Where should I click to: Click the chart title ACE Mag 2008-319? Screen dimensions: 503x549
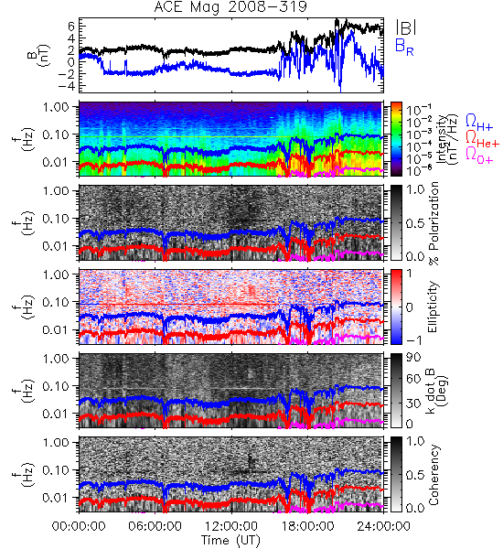230,6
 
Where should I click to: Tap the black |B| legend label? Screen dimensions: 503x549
406,27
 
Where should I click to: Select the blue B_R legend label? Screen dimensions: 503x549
404,47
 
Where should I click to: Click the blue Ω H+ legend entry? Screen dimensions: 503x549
479,122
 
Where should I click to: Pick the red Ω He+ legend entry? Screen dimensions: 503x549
482,138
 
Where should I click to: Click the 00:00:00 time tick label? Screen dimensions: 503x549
79,526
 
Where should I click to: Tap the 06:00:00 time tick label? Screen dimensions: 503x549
155,526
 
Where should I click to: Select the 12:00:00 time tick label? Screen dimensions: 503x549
231,526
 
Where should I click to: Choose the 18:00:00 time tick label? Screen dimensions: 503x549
307,526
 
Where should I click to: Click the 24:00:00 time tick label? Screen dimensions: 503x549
383,526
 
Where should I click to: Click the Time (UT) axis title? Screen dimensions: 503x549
230,540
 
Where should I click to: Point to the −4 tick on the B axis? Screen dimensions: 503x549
67,85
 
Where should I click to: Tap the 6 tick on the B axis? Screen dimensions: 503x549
72,26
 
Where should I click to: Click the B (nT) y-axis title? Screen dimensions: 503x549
40,55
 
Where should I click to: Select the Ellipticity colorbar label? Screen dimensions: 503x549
433,307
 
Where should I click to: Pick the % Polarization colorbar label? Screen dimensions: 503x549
433,223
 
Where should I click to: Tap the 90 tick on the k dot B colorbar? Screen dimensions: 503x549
413,357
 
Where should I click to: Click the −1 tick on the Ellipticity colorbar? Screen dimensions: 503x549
414,339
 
